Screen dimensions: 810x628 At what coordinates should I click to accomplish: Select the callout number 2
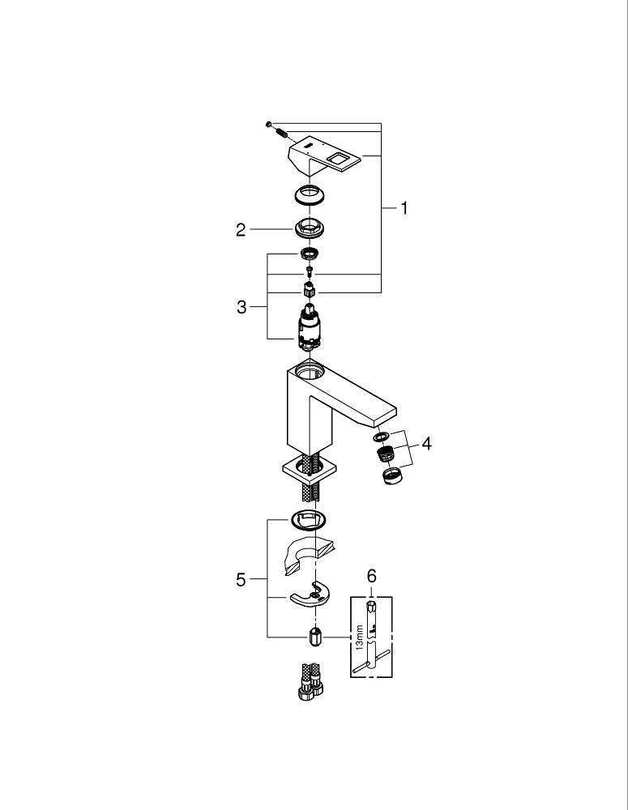(x=241, y=230)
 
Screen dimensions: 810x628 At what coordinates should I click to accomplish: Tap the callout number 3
(x=241, y=308)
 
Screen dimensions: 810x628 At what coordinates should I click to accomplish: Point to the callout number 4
(x=427, y=444)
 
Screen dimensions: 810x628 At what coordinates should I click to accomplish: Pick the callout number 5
(x=241, y=580)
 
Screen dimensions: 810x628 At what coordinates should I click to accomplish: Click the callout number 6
(x=372, y=576)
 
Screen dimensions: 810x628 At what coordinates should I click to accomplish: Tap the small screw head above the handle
(x=267, y=123)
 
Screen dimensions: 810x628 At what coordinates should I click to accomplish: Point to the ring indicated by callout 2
(x=307, y=228)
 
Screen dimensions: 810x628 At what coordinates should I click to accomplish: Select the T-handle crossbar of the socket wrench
(x=372, y=663)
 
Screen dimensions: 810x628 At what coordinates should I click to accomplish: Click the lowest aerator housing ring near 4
(x=391, y=475)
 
